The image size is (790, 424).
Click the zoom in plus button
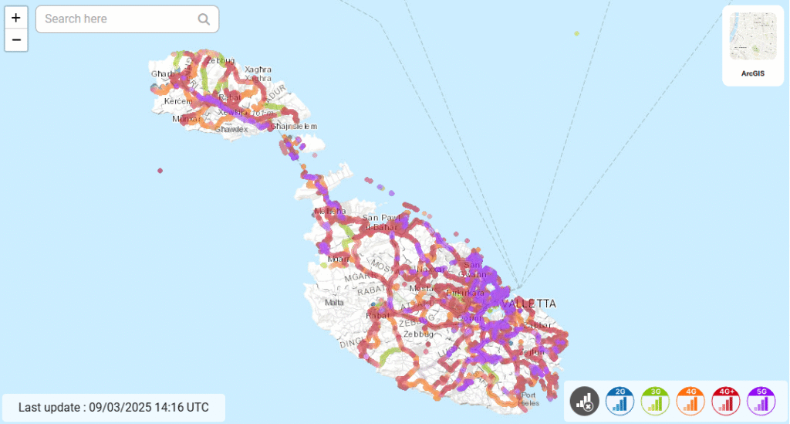click(x=16, y=18)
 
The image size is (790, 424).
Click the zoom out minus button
click(x=16, y=40)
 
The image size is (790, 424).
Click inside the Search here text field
click(x=116, y=19)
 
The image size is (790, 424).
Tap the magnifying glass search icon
click(x=204, y=19)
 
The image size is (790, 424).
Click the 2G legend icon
click(x=620, y=400)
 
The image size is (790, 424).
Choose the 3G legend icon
click(x=656, y=400)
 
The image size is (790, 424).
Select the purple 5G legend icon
click(x=761, y=400)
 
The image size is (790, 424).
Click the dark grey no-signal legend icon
click(x=585, y=400)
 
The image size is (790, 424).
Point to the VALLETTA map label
click(x=528, y=304)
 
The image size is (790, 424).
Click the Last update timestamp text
click(x=113, y=407)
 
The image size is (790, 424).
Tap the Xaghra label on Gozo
click(x=258, y=70)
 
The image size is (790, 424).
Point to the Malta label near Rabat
click(x=335, y=302)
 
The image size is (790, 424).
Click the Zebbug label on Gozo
click(x=221, y=59)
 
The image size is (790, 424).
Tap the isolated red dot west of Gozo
click(x=160, y=170)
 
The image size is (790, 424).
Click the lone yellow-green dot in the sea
click(x=576, y=33)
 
